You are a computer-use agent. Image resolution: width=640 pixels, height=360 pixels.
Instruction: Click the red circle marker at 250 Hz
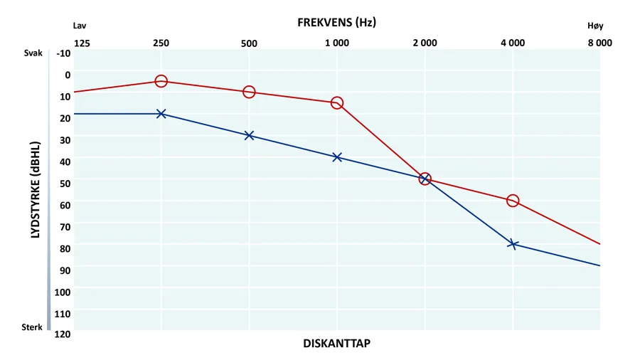[x=161, y=81]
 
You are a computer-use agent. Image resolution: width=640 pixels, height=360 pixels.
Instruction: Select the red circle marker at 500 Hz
[x=249, y=92]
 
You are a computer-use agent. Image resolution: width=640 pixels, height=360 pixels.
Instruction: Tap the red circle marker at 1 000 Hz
[x=337, y=103]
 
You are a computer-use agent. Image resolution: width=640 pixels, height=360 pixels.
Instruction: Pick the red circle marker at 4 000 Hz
[x=513, y=201]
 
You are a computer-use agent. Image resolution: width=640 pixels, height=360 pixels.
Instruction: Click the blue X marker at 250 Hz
[x=161, y=114]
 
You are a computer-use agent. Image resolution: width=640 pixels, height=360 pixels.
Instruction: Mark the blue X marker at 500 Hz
[x=249, y=135]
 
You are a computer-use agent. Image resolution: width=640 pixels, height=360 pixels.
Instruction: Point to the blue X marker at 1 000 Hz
[x=337, y=157]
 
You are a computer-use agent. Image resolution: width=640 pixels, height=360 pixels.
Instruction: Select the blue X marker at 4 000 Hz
[x=513, y=244]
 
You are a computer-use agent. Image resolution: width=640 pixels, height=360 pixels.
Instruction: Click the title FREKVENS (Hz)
[x=336, y=22]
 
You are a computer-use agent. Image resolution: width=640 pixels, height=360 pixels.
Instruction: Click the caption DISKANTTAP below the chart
[x=336, y=344]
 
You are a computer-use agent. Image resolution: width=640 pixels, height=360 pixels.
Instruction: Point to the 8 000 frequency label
[x=599, y=43]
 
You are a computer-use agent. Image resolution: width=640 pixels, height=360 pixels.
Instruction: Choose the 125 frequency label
[x=82, y=43]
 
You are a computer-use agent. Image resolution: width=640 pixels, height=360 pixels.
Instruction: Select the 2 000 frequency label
[x=425, y=43]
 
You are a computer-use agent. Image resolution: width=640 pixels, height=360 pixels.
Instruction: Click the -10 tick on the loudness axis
[x=63, y=53]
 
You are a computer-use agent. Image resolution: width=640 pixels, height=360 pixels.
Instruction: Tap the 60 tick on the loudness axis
[x=65, y=205]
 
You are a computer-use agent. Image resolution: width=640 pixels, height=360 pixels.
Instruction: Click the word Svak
[x=33, y=53]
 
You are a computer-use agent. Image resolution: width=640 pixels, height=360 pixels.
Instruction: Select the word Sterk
[x=32, y=328]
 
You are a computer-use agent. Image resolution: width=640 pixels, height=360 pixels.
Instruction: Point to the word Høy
[x=595, y=25]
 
